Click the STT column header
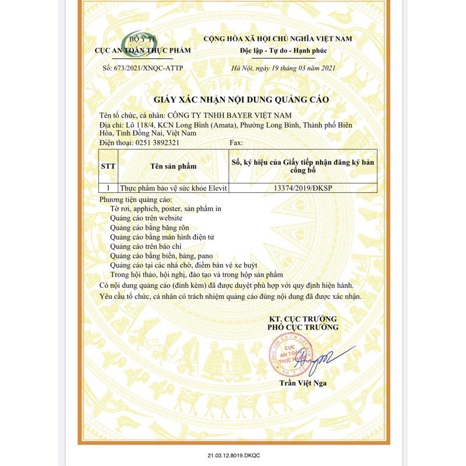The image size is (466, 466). pos(108,165)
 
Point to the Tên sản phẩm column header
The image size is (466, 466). pos(173,166)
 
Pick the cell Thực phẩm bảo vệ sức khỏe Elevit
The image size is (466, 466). pos(172,189)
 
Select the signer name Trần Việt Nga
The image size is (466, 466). pos(302,383)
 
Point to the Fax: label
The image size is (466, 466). pos(236,142)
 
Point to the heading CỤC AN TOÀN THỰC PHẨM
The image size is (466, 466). pos(143,51)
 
